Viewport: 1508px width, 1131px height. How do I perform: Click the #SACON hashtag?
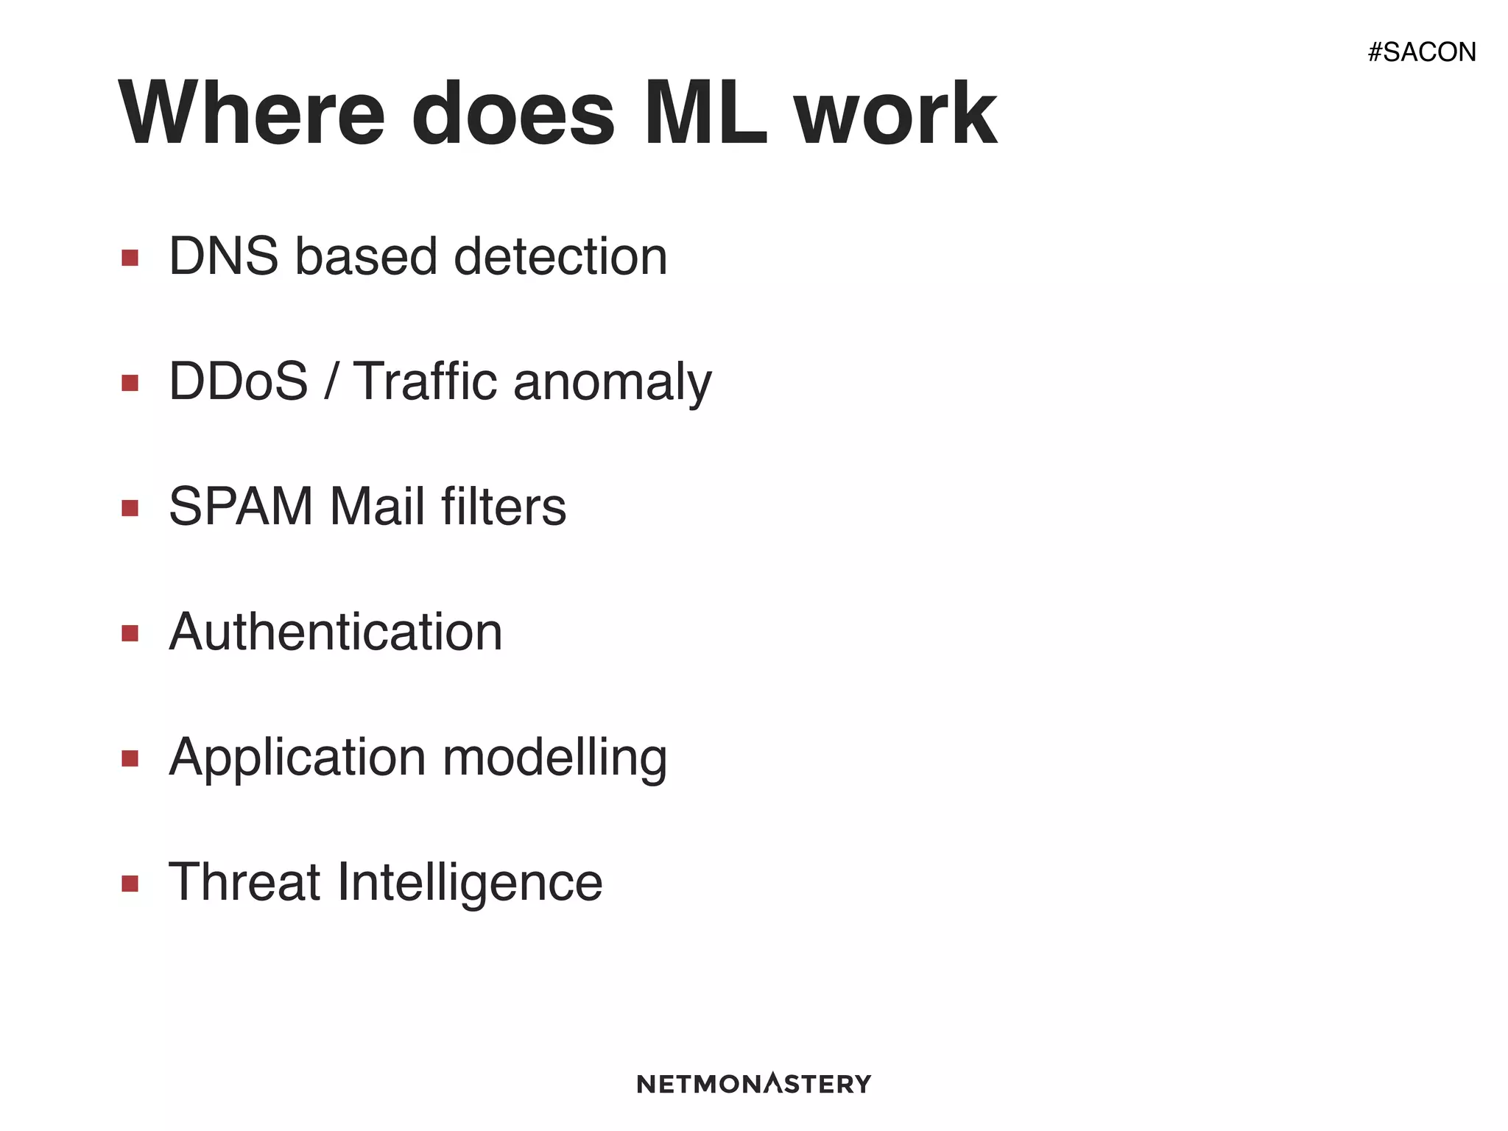pos(1421,52)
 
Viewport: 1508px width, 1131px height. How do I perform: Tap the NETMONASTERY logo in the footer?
pos(753,1083)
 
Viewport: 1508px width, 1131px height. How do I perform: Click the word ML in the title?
pos(705,114)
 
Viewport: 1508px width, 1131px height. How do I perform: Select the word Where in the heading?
pos(251,114)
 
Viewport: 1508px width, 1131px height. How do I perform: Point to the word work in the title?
pos(895,114)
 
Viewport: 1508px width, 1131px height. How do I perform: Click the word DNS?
pos(224,256)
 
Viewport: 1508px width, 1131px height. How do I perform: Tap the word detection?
pos(560,256)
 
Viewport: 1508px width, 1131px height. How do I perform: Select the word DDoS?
pos(238,381)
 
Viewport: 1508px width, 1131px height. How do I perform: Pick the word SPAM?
pos(241,507)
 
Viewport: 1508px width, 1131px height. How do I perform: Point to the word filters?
pos(504,507)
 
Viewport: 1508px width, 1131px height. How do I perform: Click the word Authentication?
pos(336,632)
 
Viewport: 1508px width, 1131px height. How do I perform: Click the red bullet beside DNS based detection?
pos(130,258)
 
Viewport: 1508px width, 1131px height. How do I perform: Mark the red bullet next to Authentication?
pos(130,633)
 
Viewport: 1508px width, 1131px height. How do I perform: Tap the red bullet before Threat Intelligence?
pos(130,884)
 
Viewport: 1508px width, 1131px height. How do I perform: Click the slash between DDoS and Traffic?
pos(331,381)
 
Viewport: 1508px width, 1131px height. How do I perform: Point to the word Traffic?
pos(426,381)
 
